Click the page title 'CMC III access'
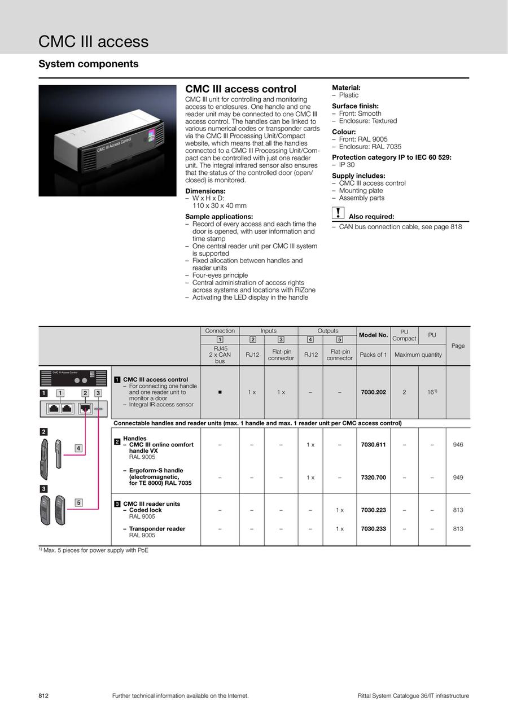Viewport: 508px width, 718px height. pos(93,41)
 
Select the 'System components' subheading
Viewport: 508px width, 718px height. pos(88,64)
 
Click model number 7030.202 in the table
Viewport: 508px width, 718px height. pos(373,392)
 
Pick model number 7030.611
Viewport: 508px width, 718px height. pos(373,445)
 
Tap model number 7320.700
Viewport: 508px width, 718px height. pos(373,478)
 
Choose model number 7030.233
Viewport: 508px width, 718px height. pos(373,529)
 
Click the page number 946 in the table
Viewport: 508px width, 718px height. pos(457,445)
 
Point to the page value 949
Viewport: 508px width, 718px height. pos(457,478)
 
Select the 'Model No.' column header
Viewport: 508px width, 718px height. pos(373,335)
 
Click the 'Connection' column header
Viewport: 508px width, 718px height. pos(220,331)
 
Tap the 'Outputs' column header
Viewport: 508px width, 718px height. pos(327,331)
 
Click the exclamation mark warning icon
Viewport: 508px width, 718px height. pos(338,213)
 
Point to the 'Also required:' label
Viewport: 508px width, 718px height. pos(371,217)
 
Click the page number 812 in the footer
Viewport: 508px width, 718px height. pos(43,696)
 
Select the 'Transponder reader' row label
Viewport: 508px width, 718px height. pos(157,529)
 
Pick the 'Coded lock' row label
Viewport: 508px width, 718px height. pos(145,510)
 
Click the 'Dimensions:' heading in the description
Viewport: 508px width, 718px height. pos(205,191)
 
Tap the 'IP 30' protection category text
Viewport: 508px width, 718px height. pos(347,165)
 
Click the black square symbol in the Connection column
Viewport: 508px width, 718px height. pos(220,392)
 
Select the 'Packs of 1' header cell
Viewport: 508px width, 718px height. pos(373,354)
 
